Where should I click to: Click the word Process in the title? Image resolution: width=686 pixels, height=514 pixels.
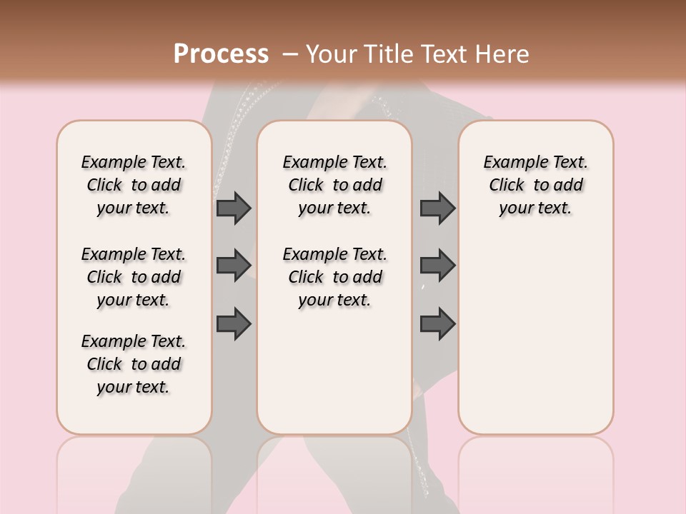(x=221, y=54)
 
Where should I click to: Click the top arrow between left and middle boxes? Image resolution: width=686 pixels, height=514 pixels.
(x=234, y=208)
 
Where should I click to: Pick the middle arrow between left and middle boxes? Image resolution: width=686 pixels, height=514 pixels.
(x=234, y=266)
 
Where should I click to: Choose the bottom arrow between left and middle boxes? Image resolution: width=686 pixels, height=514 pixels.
(x=234, y=324)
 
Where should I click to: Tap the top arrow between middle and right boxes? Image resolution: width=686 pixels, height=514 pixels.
(x=437, y=208)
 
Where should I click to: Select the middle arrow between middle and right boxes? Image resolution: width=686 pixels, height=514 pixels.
(x=437, y=266)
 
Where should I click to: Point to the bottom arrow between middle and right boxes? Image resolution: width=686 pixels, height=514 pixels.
(x=437, y=324)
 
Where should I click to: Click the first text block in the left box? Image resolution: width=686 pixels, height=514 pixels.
(x=134, y=185)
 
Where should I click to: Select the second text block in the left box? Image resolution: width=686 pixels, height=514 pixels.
(x=134, y=277)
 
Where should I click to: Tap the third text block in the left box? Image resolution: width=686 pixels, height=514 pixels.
(x=134, y=364)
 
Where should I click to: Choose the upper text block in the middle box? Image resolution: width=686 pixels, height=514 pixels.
(x=334, y=185)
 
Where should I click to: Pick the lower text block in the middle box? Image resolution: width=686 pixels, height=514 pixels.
(x=334, y=277)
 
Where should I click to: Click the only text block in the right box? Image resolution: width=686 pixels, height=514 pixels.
(x=535, y=185)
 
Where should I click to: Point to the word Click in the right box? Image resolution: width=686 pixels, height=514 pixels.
(x=507, y=186)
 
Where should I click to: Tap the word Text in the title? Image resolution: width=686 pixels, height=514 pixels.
(x=444, y=54)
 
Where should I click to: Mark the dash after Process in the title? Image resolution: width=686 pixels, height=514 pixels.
(x=290, y=54)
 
